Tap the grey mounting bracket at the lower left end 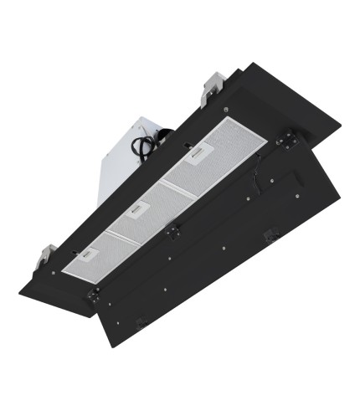[x=49, y=250]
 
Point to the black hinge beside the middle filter [x=173, y=228]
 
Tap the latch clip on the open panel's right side [x=270, y=237]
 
